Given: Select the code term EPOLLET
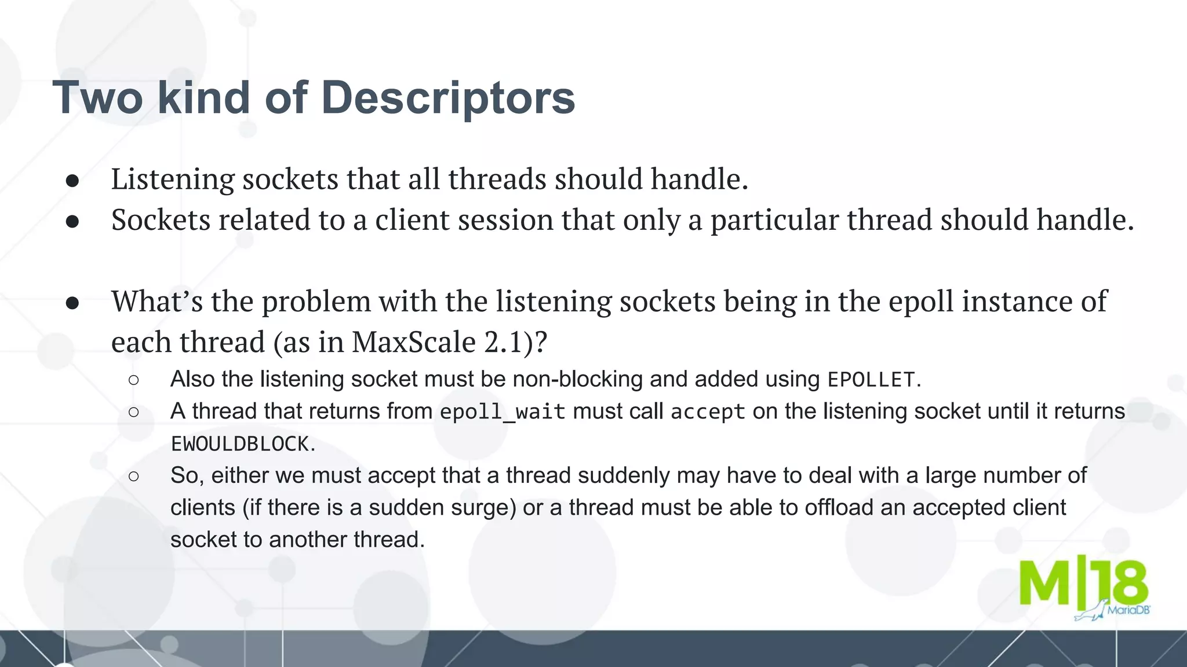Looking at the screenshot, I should click(x=871, y=380).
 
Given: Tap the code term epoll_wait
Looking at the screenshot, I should click(x=502, y=412).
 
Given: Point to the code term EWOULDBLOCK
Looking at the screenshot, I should click(x=239, y=444).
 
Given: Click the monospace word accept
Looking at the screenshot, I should click(x=707, y=412).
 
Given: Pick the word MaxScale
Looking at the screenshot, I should click(x=413, y=342).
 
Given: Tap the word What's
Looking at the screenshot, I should click(x=156, y=301).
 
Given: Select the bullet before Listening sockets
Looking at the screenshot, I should click(x=72, y=181).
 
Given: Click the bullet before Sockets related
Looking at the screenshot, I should click(x=72, y=221).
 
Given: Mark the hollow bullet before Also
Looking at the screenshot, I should click(x=134, y=380).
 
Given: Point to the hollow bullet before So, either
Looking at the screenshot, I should click(x=134, y=476).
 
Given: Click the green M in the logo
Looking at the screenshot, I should click(x=1044, y=582).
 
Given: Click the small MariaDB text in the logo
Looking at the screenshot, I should click(x=1128, y=610).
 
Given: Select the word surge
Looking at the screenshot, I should click(x=484, y=508).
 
